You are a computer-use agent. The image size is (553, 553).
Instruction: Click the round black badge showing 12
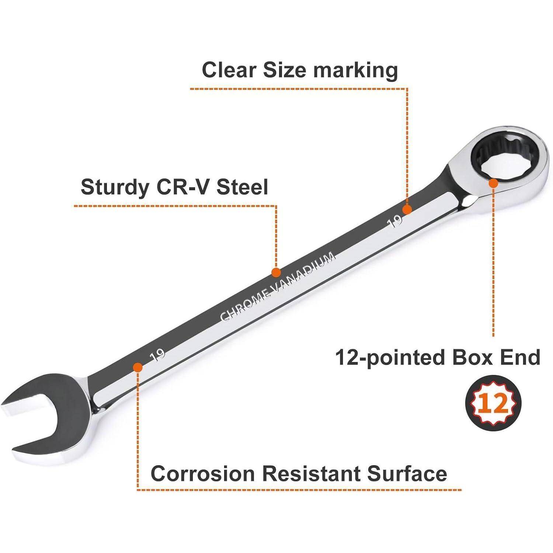[x=494, y=403]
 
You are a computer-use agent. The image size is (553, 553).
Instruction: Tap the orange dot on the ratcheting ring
[x=493, y=183]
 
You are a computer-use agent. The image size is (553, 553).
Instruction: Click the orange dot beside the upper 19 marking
[x=407, y=210]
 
